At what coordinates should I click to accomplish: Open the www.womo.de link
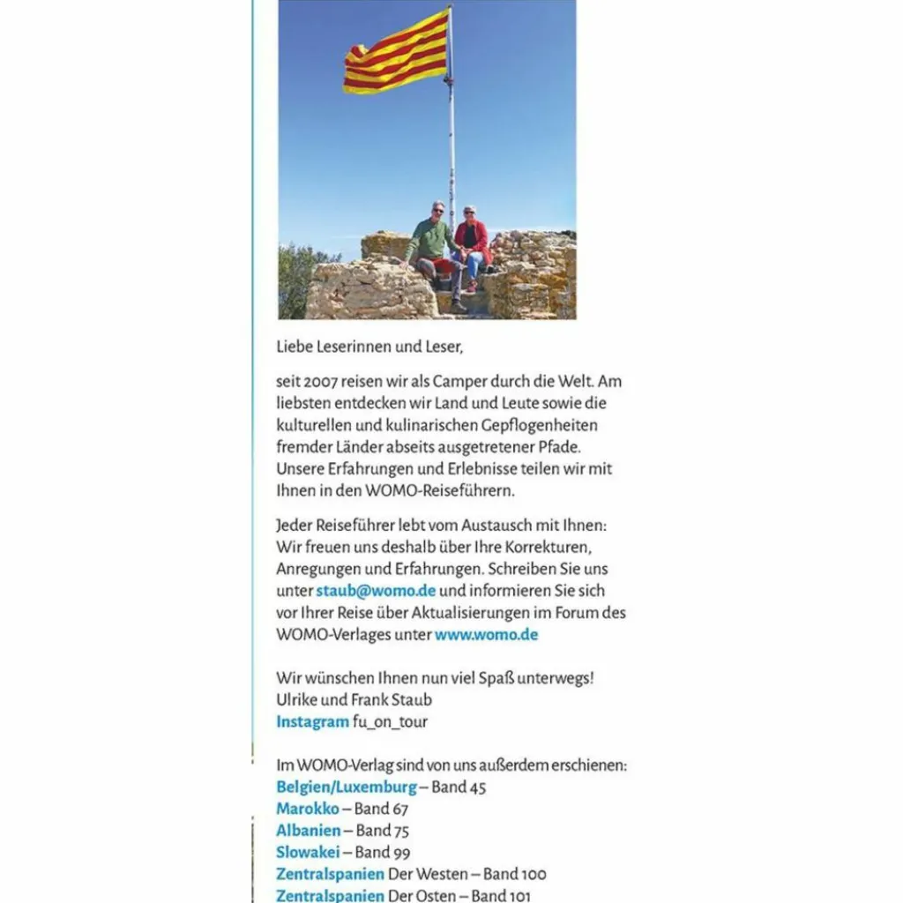click(486, 634)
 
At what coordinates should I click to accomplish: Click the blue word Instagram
click(312, 721)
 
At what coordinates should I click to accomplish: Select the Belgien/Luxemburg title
click(346, 787)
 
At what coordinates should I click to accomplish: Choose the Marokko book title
click(307, 808)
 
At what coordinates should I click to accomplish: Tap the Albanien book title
click(308, 830)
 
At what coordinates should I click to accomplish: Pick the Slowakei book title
click(308, 852)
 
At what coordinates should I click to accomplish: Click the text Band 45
click(459, 787)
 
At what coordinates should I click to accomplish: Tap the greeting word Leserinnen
click(352, 347)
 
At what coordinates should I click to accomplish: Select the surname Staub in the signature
click(412, 700)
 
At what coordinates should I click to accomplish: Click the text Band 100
click(514, 874)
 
